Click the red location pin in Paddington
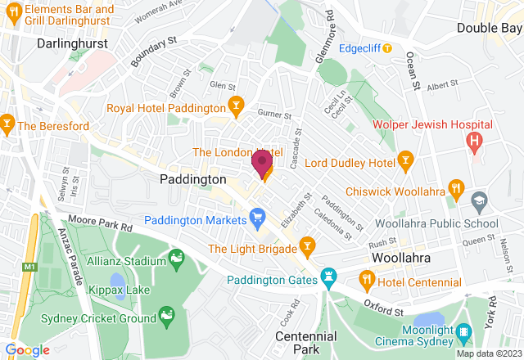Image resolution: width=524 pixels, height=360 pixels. point(262,163)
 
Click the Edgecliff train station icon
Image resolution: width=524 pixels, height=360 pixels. point(387,47)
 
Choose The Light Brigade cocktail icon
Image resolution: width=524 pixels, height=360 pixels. point(307,245)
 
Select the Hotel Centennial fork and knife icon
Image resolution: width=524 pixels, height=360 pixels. point(367,280)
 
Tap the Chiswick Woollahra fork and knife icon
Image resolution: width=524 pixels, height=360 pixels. point(456,190)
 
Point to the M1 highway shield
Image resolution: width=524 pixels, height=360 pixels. point(31,267)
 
